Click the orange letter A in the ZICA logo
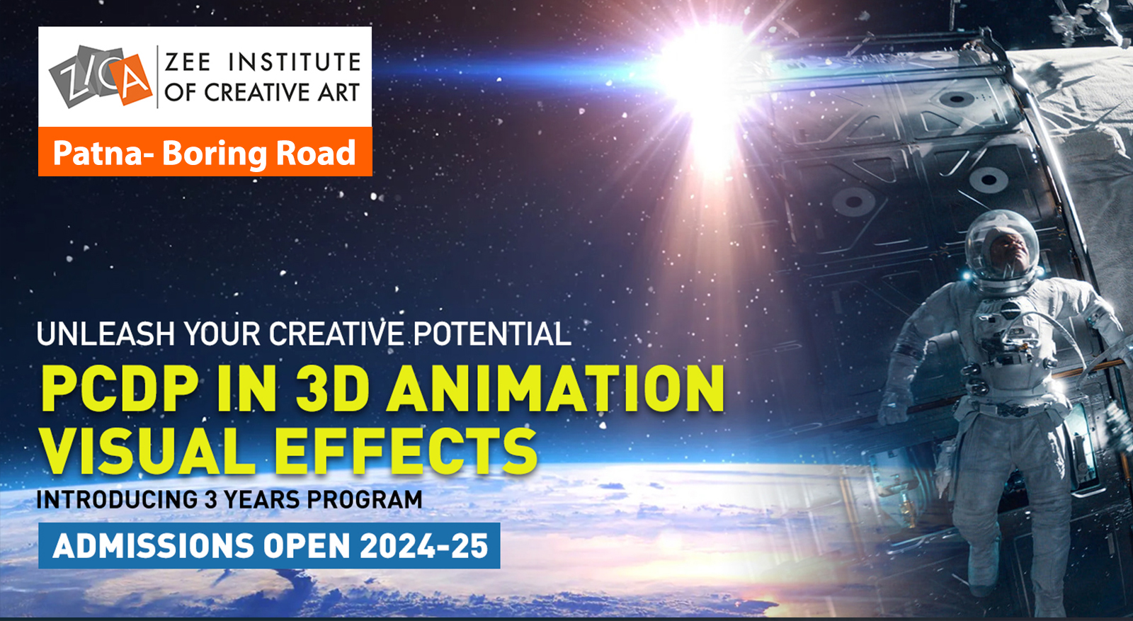[x=130, y=79]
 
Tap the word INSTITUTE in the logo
[x=295, y=62]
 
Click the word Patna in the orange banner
[x=98, y=153]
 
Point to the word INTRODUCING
[x=117, y=500]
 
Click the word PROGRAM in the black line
[x=365, y=500]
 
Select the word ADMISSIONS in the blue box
[x=153, y=546]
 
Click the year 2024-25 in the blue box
[x=425, y=546]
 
